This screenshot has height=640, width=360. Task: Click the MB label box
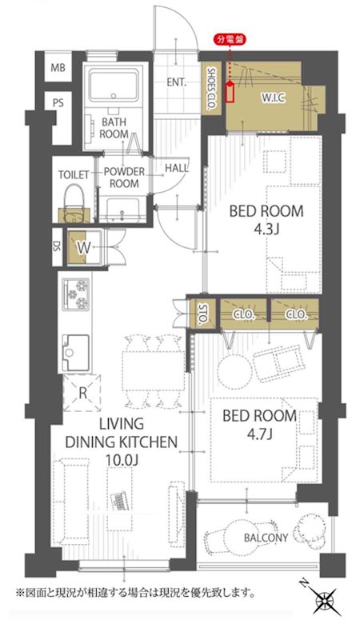coord(58,68)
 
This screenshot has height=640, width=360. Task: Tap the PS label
coord(58,102)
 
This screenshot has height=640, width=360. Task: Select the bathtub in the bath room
coord(114,86)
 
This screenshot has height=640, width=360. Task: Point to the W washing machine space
coord(85,248)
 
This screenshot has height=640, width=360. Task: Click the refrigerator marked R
coord(82,393)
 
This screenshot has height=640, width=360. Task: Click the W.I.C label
coord(273,98)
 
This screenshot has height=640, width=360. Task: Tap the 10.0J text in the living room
coord(121,460)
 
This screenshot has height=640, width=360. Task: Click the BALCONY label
coord(266,538)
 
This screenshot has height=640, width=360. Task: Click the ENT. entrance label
coord(176,82)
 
